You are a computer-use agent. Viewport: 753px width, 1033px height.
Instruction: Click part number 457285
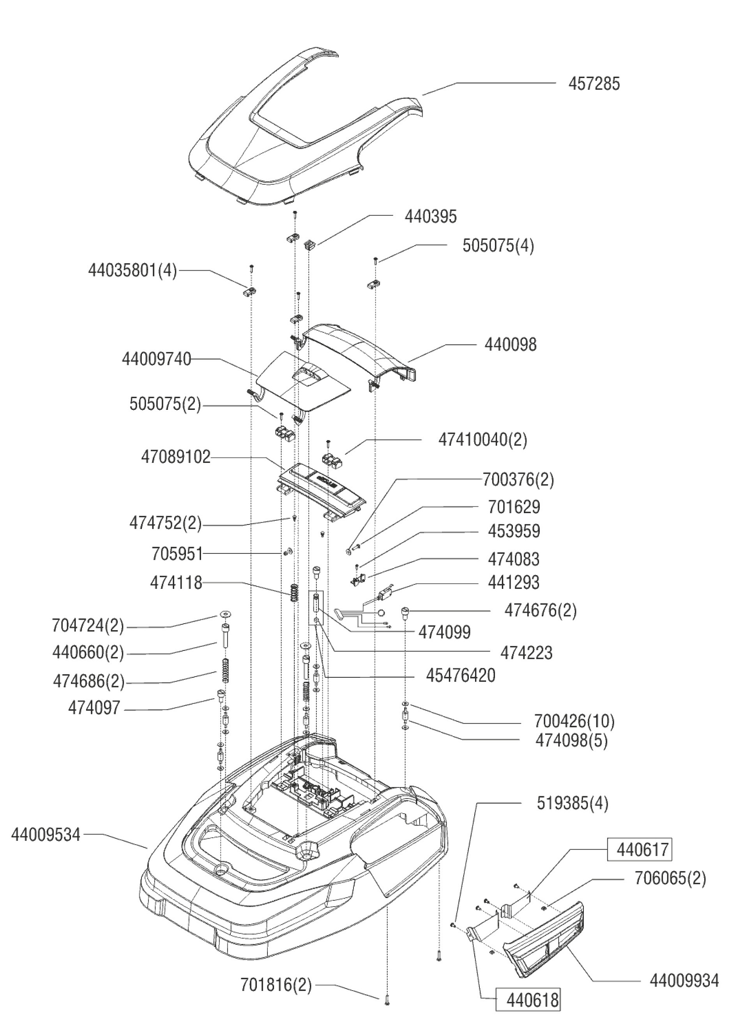[x=594, y=84]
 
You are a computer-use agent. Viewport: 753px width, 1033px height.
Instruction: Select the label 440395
[x=430, y=217]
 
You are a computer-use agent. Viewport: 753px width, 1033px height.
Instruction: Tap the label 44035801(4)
[x=132, y=270]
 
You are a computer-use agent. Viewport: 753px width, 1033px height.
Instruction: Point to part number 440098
[x=510, y=345]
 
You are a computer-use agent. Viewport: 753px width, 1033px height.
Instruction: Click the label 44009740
[x=156, y=359]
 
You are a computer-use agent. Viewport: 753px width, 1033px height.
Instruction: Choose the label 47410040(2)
[x=482, y=440]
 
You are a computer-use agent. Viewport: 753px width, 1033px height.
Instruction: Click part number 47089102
[x=176, y=457]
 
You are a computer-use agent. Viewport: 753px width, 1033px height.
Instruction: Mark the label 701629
[x=514, y=507]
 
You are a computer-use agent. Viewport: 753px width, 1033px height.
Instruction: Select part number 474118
[x=176, y=583]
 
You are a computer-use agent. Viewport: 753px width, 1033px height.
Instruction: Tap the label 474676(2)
[x=540, y=611]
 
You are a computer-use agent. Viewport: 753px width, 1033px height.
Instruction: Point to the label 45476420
[x=460, y=676]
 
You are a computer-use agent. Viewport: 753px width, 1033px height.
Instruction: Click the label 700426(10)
[x=574, y=721]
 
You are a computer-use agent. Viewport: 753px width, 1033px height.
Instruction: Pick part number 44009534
[x=46, y=835]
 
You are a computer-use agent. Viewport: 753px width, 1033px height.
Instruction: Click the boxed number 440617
[x=639, y=849]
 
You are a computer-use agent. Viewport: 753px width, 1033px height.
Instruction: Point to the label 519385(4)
[x=572, y=803]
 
